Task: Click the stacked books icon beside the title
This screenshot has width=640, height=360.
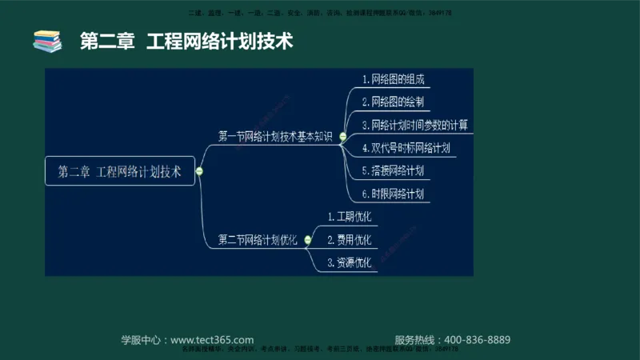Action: (47, 41)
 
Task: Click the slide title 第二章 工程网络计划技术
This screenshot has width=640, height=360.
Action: (186, 41)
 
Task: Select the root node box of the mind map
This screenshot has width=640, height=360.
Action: (120, 171)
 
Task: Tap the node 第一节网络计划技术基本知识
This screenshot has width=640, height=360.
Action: (274, 136)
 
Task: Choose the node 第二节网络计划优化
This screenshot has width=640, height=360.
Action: (258, 239)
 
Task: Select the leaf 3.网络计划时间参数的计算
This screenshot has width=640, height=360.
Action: (414, 125)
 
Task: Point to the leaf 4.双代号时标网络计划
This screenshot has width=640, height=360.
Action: (406, 148)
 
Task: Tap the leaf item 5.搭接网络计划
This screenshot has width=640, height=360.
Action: (392, 170)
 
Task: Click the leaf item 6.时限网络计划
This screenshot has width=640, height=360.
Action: (392, 194)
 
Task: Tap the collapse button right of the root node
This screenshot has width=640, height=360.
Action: (199, 171)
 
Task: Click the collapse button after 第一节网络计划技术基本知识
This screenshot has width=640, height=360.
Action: (342, 137)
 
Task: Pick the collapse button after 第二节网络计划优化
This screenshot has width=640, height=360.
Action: (307, 240)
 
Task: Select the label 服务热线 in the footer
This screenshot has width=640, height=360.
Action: (416, 339)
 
